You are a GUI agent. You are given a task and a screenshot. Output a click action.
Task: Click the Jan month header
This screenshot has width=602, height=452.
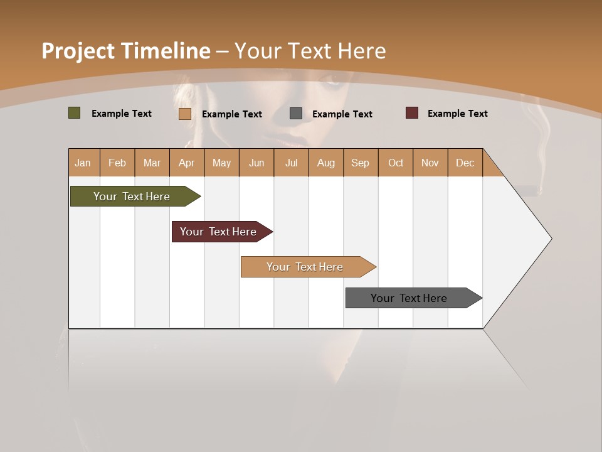click(x=83, y=163)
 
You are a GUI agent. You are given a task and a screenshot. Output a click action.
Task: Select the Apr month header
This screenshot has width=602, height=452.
click(x=187, y=163)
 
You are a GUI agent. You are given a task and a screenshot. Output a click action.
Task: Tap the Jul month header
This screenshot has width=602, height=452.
click(x=292, y=163)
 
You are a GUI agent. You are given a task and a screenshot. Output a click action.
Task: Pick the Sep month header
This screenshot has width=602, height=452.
click(x=361, y=163)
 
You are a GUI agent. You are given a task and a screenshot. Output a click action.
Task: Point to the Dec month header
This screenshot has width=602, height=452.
click(x=465, y=163)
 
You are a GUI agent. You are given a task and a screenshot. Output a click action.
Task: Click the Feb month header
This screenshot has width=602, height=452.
click(x=117, y=163)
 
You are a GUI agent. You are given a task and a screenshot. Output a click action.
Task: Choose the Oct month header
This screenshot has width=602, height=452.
click(x=396, y=163)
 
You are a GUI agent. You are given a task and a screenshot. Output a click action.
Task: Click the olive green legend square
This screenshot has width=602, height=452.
click(x=75, y=113)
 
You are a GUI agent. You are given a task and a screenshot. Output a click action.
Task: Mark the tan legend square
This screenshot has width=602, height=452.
click(x=185, y=114)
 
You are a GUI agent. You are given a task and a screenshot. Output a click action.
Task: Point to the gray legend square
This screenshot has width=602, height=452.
click(x=296, y=114)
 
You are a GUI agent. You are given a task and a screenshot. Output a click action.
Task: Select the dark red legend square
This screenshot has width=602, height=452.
click(x=412, y=113)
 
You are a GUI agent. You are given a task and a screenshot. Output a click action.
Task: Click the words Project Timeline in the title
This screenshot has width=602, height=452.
click(x=125, y=51)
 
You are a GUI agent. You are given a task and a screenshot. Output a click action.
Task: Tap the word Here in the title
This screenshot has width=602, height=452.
click(x=362, y=51)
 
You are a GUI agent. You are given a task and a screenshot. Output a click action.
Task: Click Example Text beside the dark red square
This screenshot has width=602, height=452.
click(x=457, y=114)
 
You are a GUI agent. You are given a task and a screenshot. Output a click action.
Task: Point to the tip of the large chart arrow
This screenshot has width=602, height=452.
click(x=550, y=239)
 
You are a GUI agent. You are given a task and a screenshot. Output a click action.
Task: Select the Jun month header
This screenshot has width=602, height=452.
click(x=256, y=163)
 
